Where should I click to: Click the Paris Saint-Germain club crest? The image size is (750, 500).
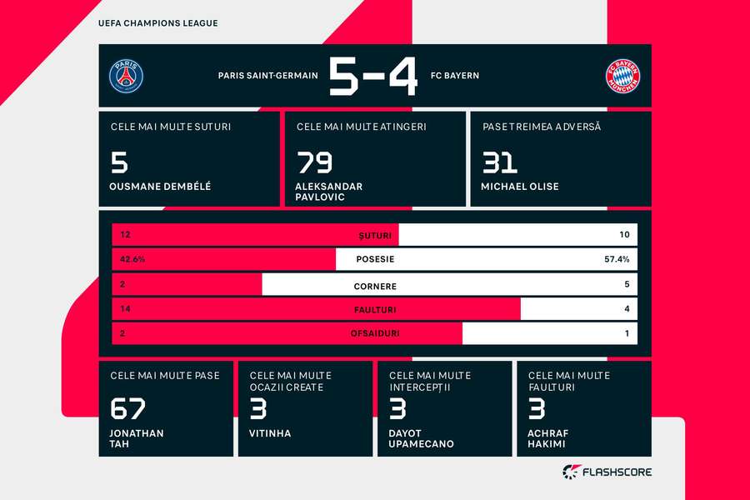click(x=126, y=76)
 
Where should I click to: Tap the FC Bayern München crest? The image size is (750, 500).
click(x=622, y=76)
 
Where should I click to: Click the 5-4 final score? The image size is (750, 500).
click(x=373, y=76)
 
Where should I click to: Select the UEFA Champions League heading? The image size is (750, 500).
click(x=157, y=23)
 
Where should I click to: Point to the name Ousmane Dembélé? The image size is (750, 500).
click(x=160, y=187)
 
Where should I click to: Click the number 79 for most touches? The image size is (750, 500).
click(x=314, y=162)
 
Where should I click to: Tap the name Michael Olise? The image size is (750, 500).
click(x=521, y=187)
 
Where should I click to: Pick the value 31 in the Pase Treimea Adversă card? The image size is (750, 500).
click(x=499, y=162)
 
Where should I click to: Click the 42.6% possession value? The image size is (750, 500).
click(x=132, y=259)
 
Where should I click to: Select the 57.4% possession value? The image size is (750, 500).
click(x=617, y=259)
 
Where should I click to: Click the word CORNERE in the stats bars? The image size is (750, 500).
click(x=374, y=286)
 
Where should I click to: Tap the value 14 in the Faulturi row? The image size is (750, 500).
click(x=126, y=309)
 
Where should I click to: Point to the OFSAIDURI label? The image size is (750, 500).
click(x=375, y=333)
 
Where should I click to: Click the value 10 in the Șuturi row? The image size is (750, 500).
click(x=624, y=235)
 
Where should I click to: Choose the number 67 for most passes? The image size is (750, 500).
click(x=127, y=408)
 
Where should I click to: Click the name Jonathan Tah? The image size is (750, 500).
click(x=137, y=438)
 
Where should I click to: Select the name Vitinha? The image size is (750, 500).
click(x=270, y=433)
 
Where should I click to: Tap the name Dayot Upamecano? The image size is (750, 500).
click(x=421, y=438)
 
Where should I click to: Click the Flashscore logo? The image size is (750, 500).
click(x=607, y=472)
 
